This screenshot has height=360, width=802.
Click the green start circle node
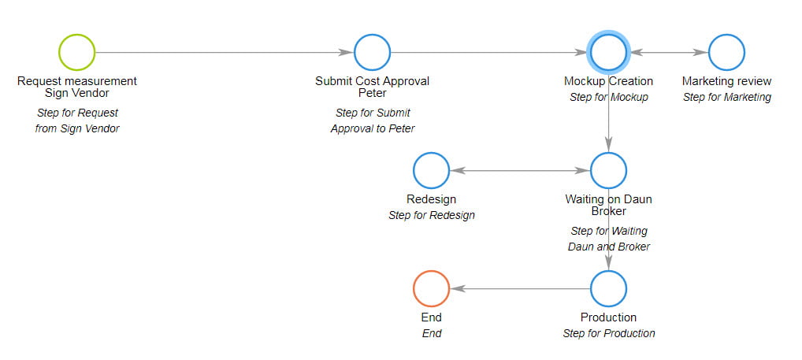76,34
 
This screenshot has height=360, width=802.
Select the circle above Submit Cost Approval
373,34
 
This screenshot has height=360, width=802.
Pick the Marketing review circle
727,34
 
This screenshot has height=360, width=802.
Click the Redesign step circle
431,152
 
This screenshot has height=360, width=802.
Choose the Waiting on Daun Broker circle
609,152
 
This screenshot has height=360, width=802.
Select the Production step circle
609,270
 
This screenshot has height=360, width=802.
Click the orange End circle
431,270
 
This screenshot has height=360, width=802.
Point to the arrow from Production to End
520,289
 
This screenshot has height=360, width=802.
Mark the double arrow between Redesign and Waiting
520,170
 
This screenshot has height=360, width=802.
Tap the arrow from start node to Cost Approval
225,52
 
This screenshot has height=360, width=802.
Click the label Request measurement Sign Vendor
77,87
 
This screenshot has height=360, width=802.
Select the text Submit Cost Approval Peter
373,87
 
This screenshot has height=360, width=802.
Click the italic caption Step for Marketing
727,97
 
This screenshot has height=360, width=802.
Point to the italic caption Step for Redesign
431,215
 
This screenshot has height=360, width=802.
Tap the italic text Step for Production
609,333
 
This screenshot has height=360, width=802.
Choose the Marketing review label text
727,81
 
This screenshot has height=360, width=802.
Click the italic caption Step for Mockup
609,97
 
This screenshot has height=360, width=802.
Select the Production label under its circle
609,317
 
